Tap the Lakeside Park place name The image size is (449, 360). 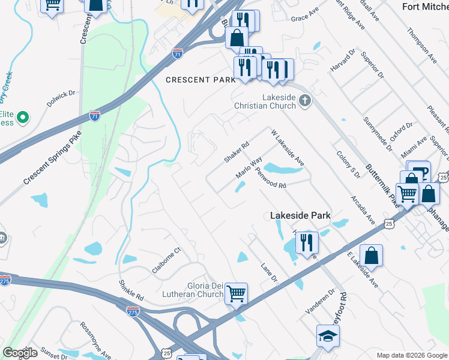pos(300,215)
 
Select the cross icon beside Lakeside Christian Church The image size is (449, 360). pos(305,101)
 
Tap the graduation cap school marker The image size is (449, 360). pos(328,337)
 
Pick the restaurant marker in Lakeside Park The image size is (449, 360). pos(307,242)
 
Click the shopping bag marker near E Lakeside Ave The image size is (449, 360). pos(372,255)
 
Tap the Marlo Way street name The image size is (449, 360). pos(249,168)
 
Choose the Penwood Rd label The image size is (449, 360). pos(270,177)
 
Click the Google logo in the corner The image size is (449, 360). pos(20,353)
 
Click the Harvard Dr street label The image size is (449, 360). pos(340,62)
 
